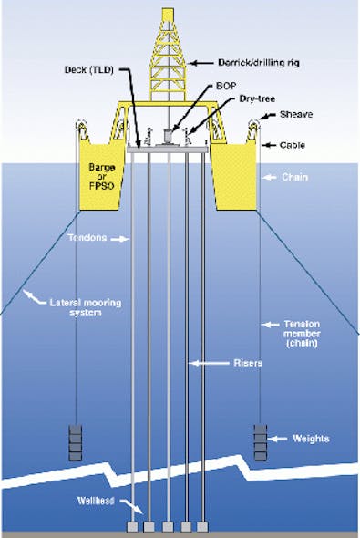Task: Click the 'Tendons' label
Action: (87, 240)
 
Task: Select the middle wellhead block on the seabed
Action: (170, 527)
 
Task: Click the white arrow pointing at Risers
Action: (209, 364)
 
